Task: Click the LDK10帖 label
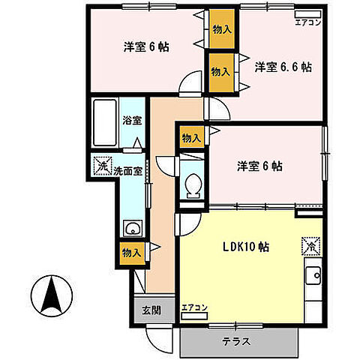(244, 247)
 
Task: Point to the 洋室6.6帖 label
(283, 67)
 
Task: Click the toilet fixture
(193, 184)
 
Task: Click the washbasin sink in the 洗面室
(132, 229)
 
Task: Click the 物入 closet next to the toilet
(190, 137)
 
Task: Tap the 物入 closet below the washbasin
(131, 253)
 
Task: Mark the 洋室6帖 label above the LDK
(260, 166)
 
